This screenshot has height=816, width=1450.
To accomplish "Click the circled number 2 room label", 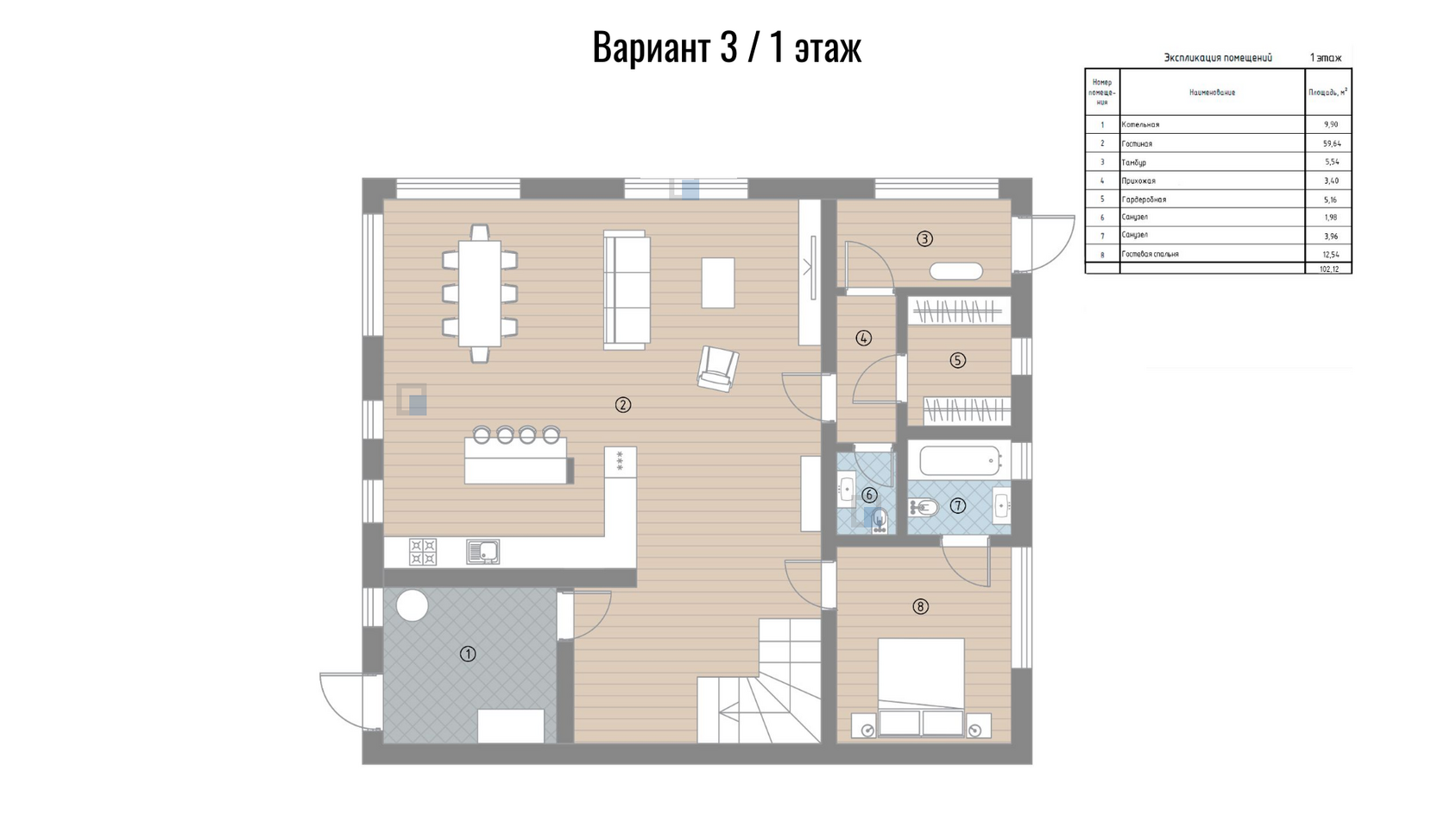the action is [623, 406].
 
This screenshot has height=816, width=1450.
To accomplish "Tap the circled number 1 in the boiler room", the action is [468, 655].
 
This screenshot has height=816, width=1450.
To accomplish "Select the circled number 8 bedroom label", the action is [920, 607].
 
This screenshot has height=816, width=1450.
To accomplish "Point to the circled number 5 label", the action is [957, 361].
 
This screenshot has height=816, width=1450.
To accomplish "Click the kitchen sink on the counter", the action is [482, 552].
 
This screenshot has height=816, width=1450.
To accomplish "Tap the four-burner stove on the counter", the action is [423, 552].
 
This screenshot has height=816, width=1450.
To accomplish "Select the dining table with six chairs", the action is [480, 294].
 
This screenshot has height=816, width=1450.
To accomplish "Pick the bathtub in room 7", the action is [959, 460].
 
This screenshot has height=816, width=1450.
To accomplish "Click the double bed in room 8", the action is [921, 687].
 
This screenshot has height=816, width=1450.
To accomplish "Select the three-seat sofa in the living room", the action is [627, 290].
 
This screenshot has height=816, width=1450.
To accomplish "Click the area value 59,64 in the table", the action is [1331, 143].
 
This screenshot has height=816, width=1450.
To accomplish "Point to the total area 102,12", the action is [1329, 269].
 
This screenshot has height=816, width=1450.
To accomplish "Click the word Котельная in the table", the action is [1141, 124].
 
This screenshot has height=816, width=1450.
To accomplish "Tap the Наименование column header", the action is [1213, 92].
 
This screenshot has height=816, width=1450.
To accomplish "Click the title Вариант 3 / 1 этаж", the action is [727, 47].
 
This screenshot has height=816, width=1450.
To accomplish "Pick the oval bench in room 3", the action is [956, 271].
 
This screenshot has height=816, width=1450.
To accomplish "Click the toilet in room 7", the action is [922, 507].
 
